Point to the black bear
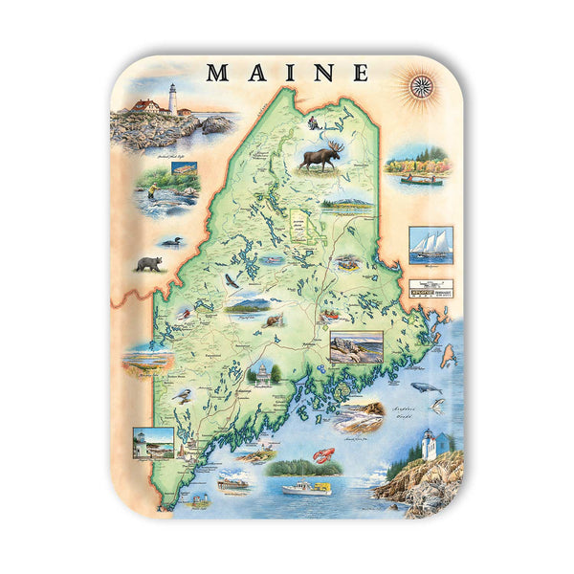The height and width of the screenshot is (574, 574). (148, 263)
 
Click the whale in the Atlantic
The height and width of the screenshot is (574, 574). (426, 387)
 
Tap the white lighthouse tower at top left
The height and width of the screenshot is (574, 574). (173, 99)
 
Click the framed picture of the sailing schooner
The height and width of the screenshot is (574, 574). (430, 245)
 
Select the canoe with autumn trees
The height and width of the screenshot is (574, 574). (418, 169)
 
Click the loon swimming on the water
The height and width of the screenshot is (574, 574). (171, 241)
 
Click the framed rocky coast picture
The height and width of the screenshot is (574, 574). (356, 346)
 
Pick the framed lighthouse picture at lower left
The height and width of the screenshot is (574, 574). (154, 441)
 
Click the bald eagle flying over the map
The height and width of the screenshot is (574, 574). (231, 280)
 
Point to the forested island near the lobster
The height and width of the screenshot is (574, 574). (292, 467)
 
